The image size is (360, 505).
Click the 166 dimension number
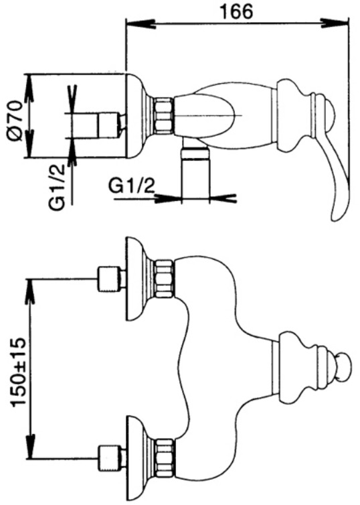coord(236,11)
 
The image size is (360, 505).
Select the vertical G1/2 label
coord(58,187)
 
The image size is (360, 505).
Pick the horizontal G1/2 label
coord(132,186)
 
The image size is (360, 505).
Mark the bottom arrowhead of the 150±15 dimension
coord(31,446)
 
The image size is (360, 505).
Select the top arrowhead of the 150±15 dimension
coord(31,291)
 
